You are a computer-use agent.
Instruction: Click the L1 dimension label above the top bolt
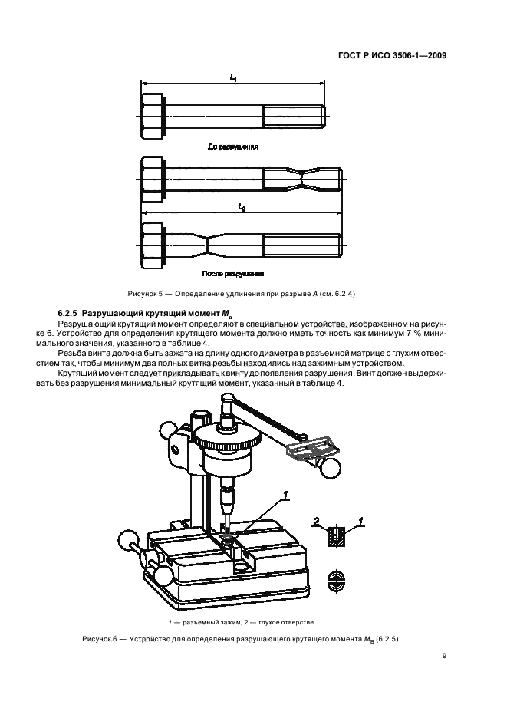pos(232,78)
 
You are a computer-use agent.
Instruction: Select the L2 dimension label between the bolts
pos(241,207)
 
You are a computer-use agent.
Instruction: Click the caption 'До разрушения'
pos(233,145)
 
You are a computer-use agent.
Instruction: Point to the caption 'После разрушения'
pos(233,274)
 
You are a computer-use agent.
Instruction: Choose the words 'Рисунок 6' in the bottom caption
pos(99,639)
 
